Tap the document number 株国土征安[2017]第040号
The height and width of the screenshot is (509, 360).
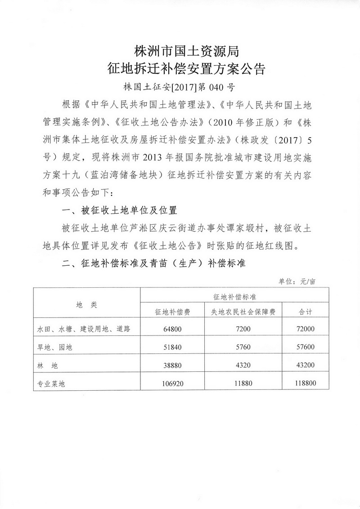[x=180, y=87]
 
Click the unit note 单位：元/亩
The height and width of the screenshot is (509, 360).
[x=297, y=281]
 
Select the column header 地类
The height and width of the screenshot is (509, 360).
[x=86, y=304]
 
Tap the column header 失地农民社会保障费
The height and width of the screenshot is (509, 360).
[x=243, y=311]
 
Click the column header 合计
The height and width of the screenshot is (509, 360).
[x=306, y=311]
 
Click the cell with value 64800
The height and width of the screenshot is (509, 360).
[x=172, y=329]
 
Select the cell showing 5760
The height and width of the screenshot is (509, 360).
[x=243, y=347]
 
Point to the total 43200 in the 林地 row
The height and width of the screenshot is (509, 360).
[x=306, y=365]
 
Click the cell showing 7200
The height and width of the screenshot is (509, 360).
[x=243, y=329]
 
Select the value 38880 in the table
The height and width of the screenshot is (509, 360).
[x=172, y=365]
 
